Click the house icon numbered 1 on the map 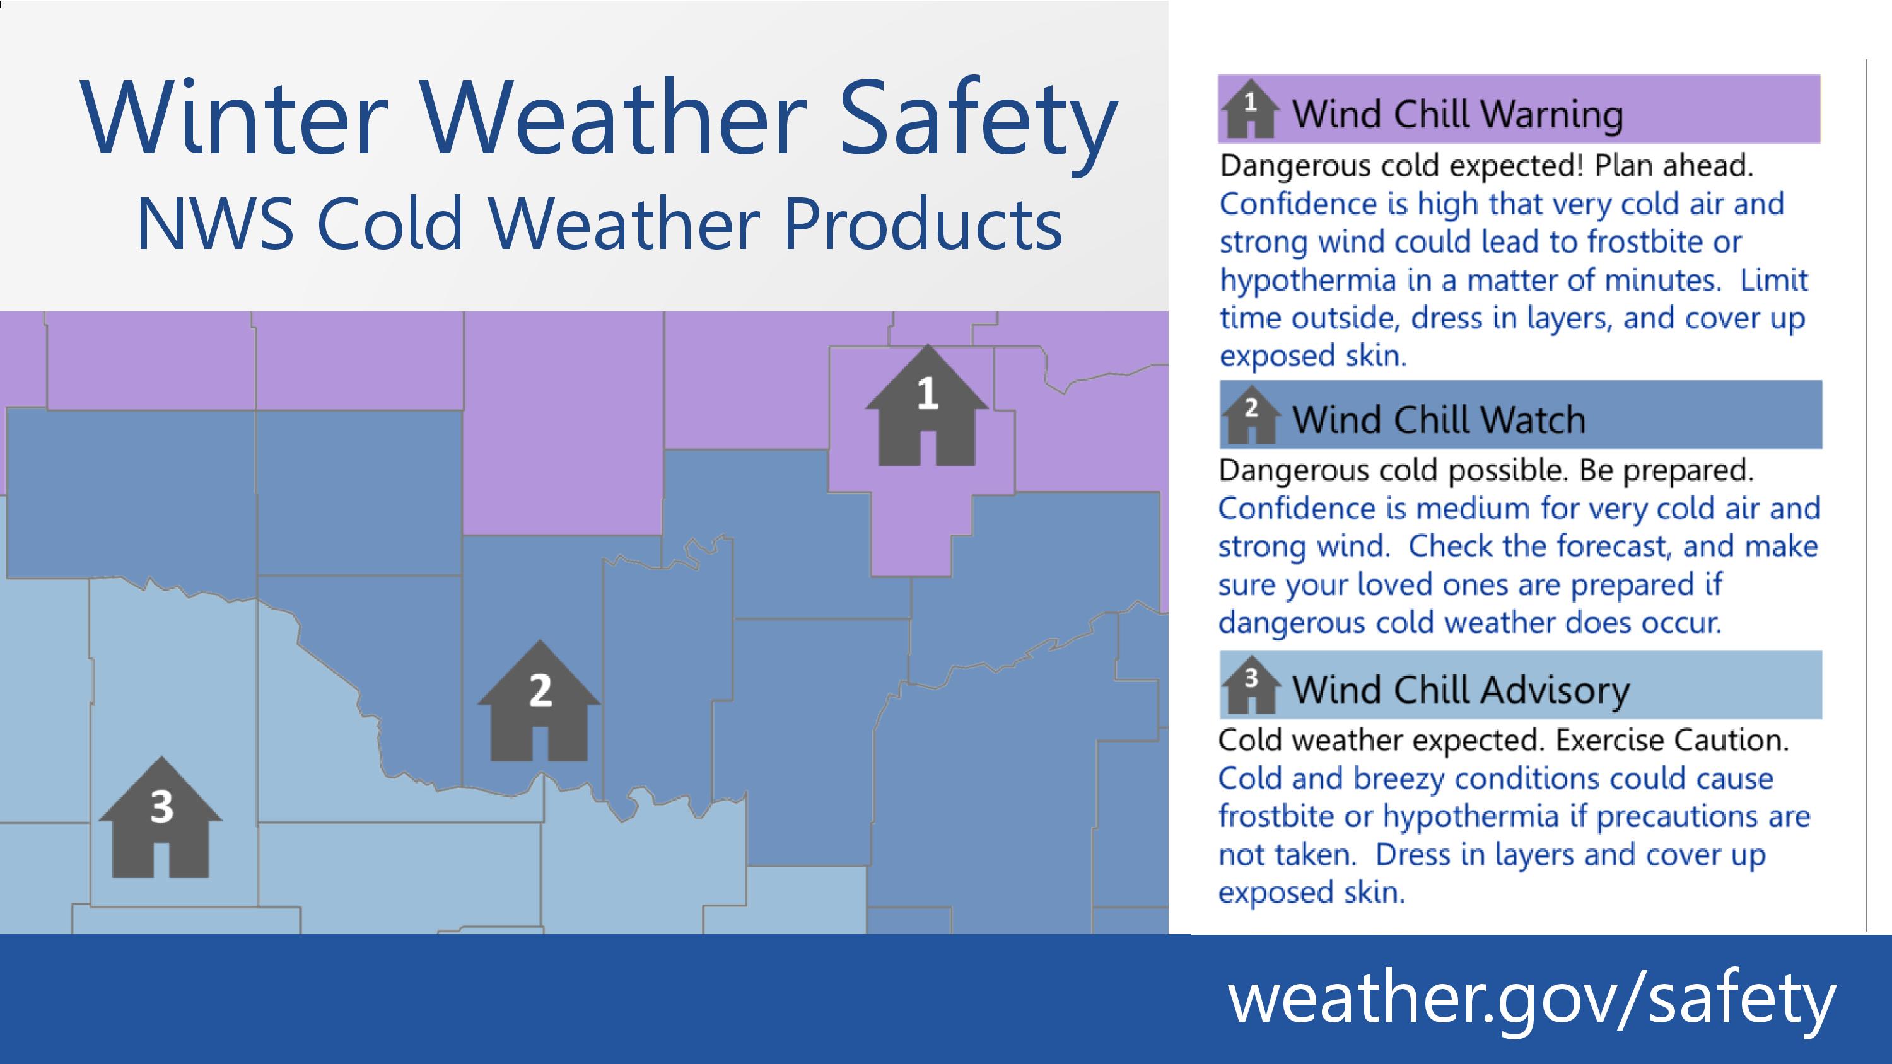coord(927,405)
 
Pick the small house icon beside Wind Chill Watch coord(1250,415)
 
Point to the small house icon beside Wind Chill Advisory coord(1250,685)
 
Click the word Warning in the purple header coord(1551,115)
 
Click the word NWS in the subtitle coord(215,223)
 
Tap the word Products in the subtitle coord(923,223)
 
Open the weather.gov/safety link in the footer coord(1532,998)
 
